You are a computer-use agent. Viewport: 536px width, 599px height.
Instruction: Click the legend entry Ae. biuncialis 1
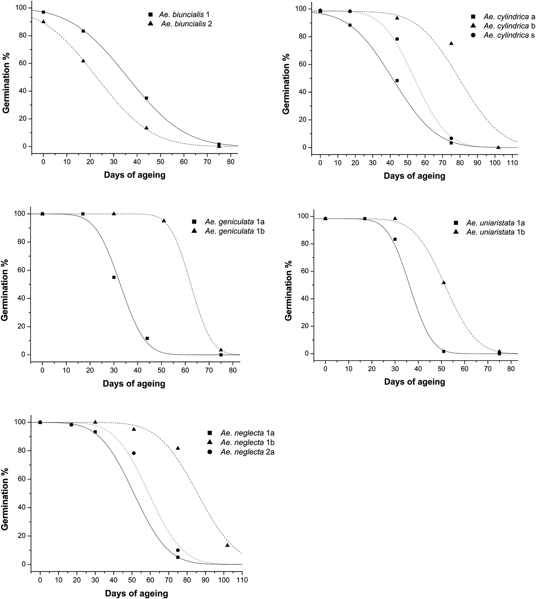coord(180,15)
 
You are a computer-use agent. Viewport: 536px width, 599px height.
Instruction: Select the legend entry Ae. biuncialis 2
coord(180,24)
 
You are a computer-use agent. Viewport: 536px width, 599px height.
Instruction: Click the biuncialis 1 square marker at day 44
coord(146,98)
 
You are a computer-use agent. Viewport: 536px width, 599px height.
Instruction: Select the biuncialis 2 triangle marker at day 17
coord(83,61)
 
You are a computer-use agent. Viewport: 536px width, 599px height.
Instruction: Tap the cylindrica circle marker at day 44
coord(397,39)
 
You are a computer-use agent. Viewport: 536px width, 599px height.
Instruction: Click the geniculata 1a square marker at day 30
coord(114,277)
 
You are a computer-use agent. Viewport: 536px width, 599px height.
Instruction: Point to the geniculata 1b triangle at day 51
coord(164,220)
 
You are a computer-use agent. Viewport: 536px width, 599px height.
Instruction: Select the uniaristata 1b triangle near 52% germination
coord(444,282)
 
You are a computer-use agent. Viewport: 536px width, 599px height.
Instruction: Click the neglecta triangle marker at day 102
coord(227,545)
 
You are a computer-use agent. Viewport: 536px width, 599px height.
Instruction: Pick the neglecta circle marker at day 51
coord(134,453)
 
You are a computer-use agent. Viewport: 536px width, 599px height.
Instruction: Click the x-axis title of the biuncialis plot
coord(134,175)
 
